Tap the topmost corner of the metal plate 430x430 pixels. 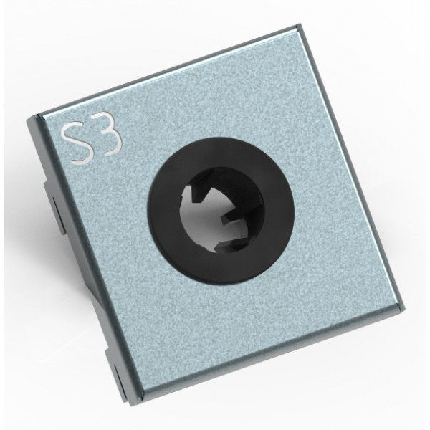click(299, 25)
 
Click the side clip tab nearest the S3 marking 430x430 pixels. click(55, 209)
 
